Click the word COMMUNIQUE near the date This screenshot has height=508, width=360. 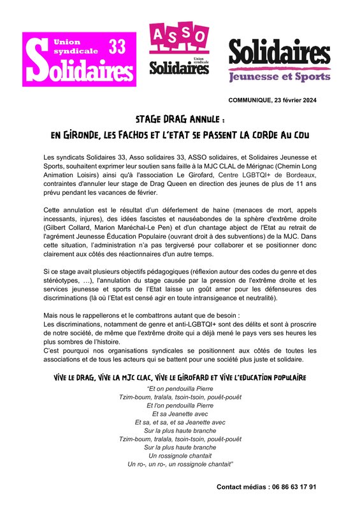247,101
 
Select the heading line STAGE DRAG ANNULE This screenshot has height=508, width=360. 180,120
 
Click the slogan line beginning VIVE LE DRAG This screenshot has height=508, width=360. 180,377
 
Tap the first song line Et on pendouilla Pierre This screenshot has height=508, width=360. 180,388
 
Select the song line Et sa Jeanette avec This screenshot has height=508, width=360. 180,414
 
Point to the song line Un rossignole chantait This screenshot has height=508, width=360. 180,456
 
